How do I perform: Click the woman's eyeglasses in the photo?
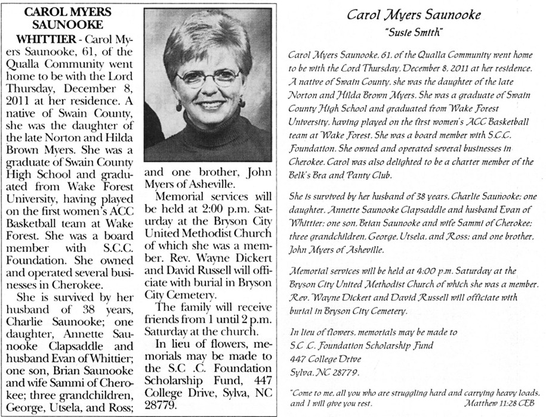(208, 77)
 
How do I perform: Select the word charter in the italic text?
(461, 164)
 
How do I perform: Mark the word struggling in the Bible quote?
(400, 393)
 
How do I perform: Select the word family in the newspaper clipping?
(200, 307)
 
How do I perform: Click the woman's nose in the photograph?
(208, 89)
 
